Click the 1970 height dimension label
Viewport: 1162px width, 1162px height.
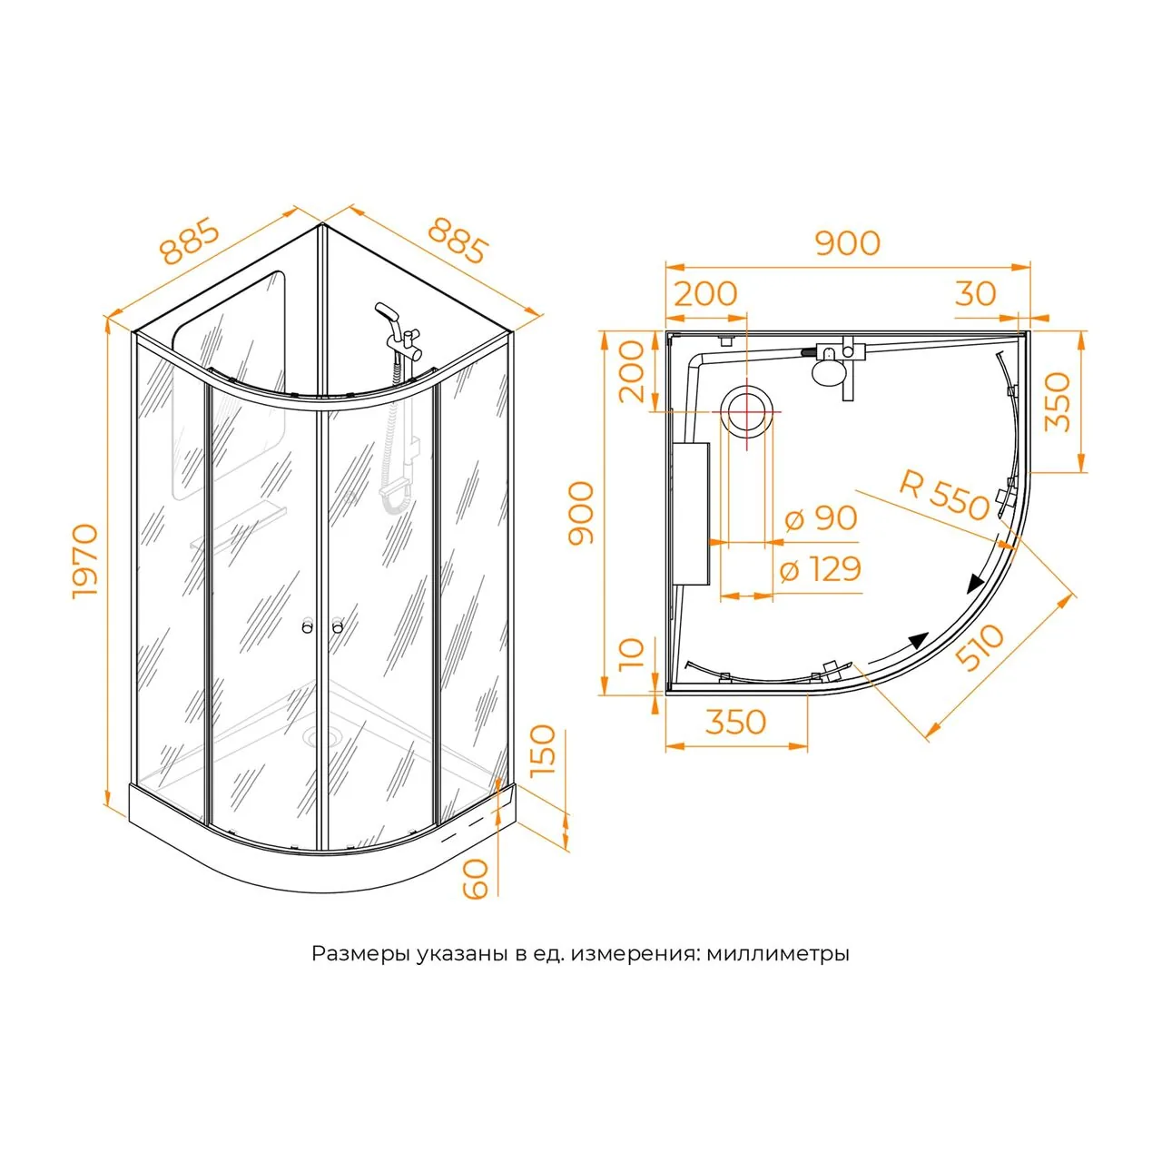click(x=85, y=561)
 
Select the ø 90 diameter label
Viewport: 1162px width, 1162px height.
click(x=821, y=518)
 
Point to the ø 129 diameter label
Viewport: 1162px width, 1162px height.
click(x=820, y=569)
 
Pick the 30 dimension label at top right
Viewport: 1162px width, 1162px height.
click(x=976, y=293)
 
